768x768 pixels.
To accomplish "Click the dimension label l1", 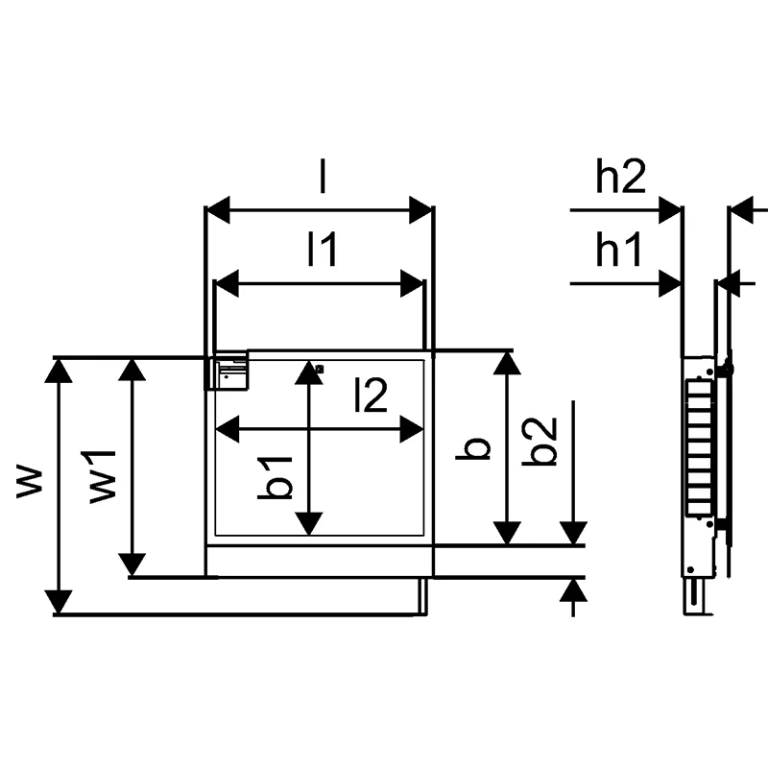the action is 322,249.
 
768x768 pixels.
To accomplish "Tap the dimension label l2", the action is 371,395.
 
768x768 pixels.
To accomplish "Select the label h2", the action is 620,176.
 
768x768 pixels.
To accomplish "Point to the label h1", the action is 618,249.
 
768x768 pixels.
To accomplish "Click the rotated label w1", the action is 103,476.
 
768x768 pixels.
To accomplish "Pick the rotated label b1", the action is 275,478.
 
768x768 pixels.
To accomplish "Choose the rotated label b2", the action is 540,441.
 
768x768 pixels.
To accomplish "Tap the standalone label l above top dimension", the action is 322,176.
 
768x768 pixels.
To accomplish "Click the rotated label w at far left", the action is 30,484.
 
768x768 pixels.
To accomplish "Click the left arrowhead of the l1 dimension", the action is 227,283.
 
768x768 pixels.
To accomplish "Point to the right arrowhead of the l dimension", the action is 420,210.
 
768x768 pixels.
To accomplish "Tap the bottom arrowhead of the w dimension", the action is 59,602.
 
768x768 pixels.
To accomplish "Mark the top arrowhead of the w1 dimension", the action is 132,370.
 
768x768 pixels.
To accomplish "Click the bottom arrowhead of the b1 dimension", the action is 308,523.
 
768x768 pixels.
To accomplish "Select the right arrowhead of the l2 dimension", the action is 412,429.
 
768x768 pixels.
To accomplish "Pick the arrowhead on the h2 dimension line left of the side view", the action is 670,210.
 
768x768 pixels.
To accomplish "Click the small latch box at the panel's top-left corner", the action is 229,371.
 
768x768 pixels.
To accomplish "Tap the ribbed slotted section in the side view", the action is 699,447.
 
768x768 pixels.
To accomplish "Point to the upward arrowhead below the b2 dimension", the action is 573,590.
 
